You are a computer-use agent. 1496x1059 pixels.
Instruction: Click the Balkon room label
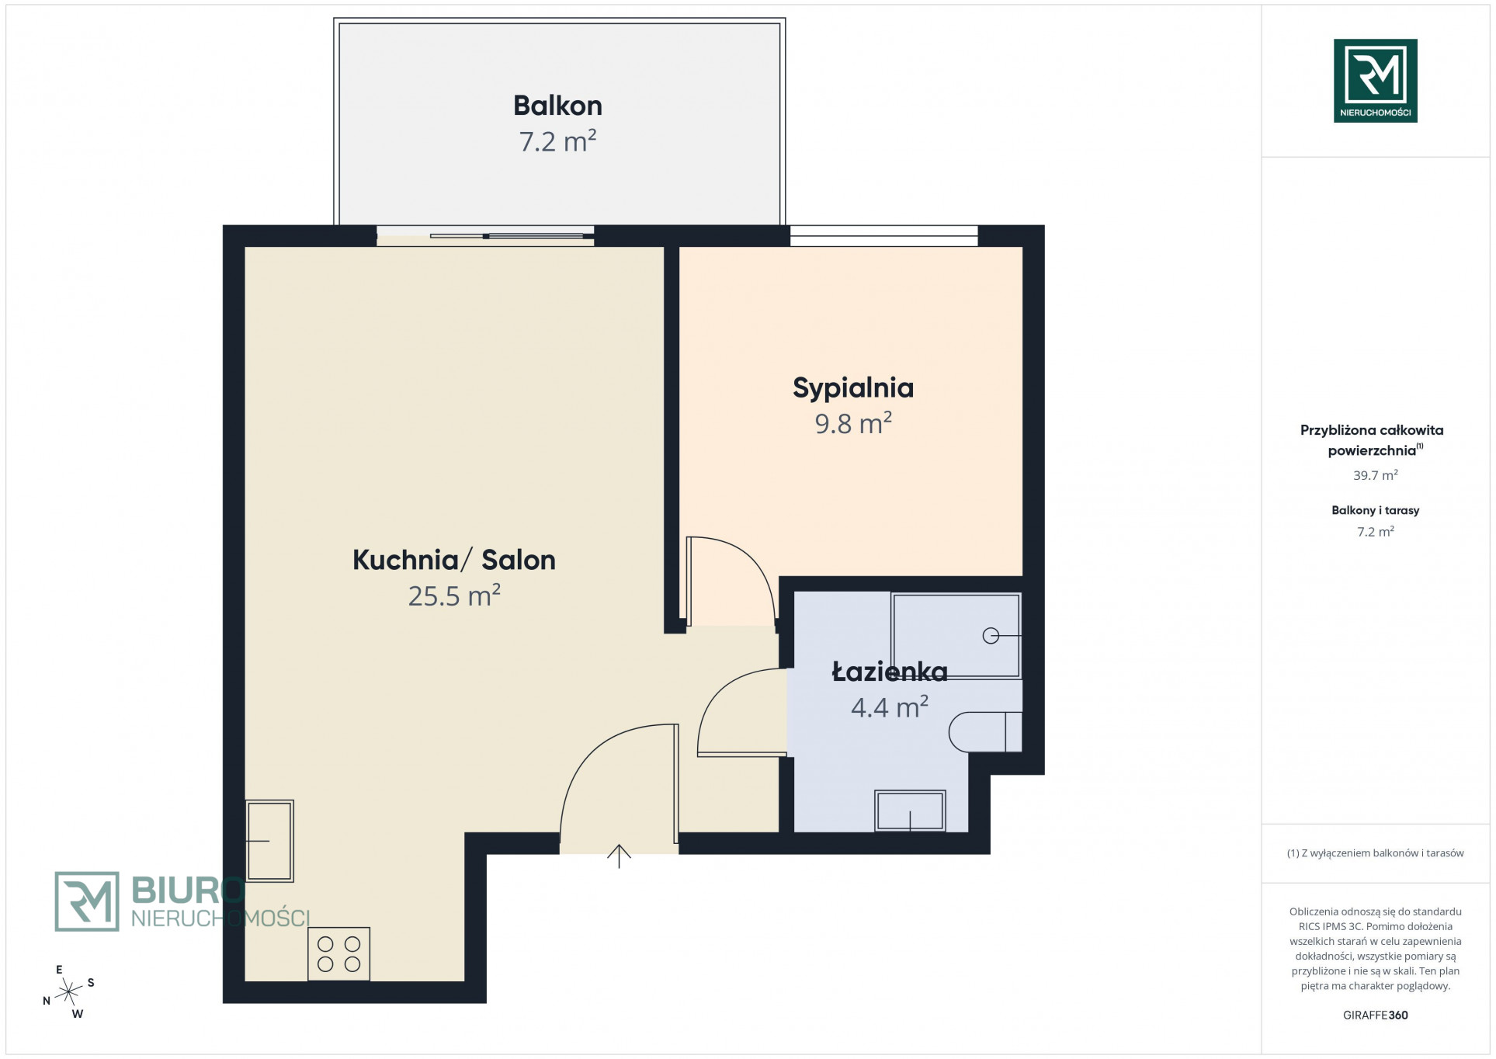coord(557,106)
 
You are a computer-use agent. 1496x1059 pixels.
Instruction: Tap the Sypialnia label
coord(852,388)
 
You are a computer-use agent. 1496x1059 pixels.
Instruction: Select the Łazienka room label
coord(890,672)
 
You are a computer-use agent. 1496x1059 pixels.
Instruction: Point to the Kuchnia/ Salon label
coord(454,560)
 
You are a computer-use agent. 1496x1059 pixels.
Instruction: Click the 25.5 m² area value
coord(454,595)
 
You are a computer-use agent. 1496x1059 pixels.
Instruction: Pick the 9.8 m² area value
coord(852,423)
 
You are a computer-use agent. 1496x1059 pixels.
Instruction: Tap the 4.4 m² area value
coord(890,707)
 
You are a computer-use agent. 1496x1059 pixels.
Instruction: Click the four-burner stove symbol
coord(339,954)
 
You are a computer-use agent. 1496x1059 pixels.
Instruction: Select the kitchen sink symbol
coord(269,841)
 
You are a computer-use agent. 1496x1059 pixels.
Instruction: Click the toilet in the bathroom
coord(985,731)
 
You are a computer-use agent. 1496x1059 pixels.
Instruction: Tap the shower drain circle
coord(991,636)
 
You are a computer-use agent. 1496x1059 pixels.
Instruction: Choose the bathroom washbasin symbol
coord(910,811)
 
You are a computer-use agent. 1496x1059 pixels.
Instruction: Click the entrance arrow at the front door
coord(619,856)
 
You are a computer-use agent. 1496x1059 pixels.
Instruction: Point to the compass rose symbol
coord(68,991)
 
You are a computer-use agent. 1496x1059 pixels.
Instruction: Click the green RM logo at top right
coord(1375,81)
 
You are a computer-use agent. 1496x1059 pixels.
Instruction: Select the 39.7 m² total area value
coord(1375,475)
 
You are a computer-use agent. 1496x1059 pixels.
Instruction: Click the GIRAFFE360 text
coord(1375,1015)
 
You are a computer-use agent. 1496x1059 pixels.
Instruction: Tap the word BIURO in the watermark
coord(189,890)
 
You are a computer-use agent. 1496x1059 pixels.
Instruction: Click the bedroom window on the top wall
coord(883,235)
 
